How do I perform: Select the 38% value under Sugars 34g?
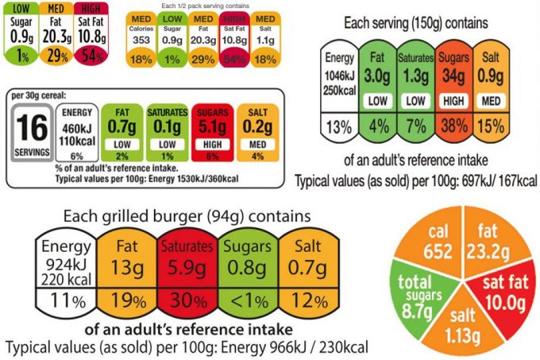click(x=453, y=126)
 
